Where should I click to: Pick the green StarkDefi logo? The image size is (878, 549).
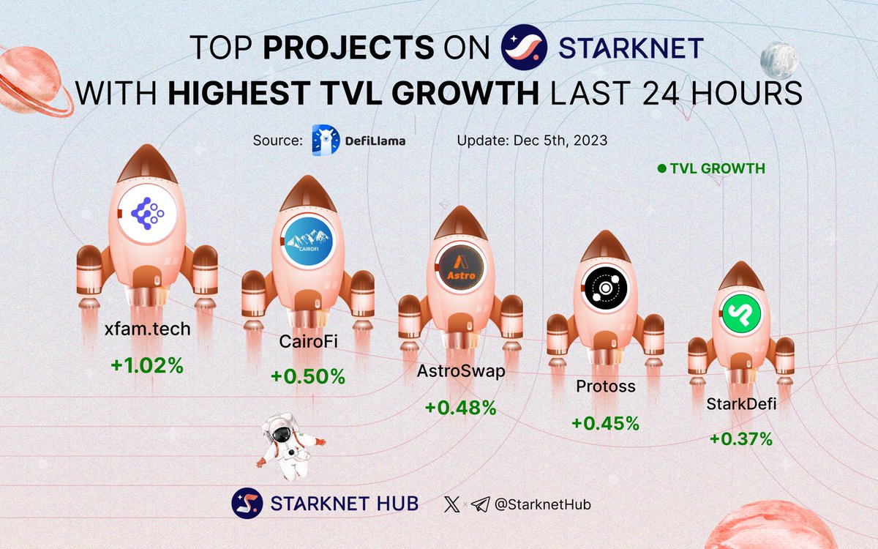pos(740,315)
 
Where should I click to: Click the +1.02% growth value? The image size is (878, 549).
pos(147,365)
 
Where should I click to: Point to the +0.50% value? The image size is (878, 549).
pos(307,376)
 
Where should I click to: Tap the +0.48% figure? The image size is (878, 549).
pos(460,407)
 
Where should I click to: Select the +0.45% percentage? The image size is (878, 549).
pos(605,423)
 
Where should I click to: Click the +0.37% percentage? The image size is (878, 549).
pos(740,438)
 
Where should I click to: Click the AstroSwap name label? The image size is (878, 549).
pos(460,372)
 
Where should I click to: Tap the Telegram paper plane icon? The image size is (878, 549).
pos(479,504)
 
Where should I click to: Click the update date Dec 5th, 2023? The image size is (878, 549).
pos(532,140)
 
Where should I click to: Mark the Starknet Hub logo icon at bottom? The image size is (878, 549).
pos(247,503)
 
